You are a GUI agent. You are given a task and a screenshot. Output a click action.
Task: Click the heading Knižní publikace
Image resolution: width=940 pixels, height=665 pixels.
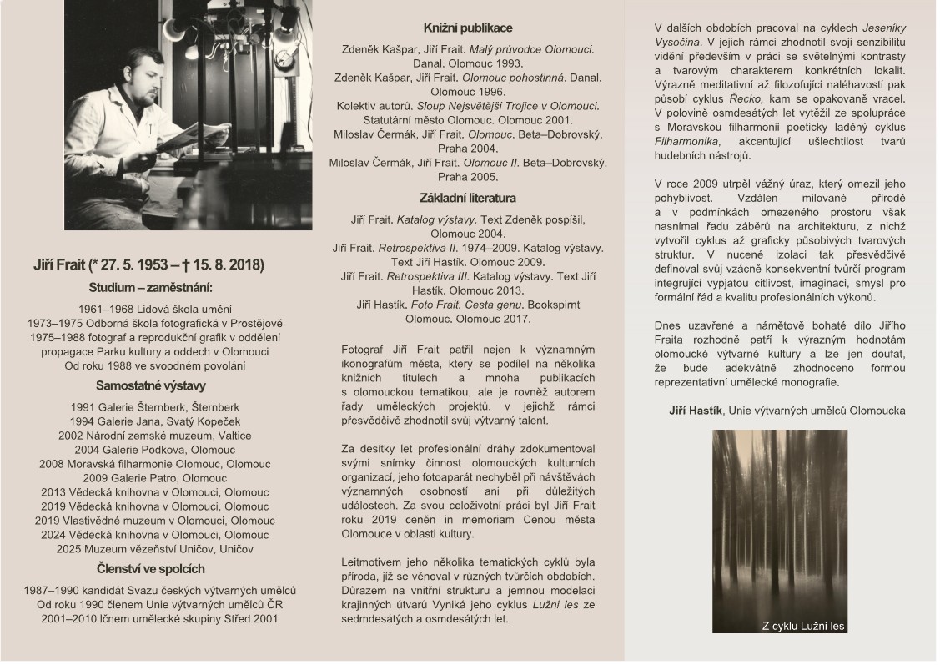pyautogui.click(x=468, y=28)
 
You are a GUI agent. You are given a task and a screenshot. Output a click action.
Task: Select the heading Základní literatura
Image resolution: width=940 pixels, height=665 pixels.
pyautogui.click(x=468, y=198)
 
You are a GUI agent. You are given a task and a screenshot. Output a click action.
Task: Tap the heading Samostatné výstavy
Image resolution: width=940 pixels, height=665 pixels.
pyautogui.click(x=151, y=385)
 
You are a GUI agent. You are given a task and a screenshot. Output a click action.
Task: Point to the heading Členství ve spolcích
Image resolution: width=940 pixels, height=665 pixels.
pyautogui.click(x=151, y=569)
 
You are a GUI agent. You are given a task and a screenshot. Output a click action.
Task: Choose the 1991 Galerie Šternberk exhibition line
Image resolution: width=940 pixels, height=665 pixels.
pyautogui.click(x=151, y=406)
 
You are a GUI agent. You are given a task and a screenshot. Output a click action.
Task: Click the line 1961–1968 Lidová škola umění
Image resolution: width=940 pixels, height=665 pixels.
pyautogui.click(x=151, y=309)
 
